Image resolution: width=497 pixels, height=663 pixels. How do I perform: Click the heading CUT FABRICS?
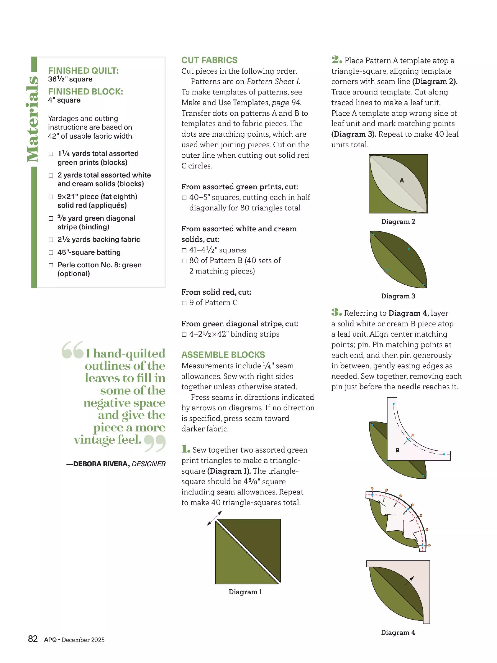pyautogui.click(x=209, y=60)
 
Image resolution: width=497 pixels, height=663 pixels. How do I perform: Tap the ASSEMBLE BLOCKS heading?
pyautogui.click(x=223, y=355)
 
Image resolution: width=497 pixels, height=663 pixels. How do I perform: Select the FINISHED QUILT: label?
pyautogui.click(x=83, y=71)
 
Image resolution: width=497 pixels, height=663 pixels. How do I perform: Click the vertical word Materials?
pyautogui.click(x=32, y=119)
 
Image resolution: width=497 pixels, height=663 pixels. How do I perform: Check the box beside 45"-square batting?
pyautogui.click(x=51, y=253)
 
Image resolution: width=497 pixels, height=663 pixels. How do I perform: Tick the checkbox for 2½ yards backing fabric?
pyautogui.click(x=51, y=240)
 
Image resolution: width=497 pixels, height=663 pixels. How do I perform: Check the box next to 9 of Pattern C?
pyautogui.click(x=184, y=303)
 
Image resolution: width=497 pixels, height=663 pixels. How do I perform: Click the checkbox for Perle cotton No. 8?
pyautogui.click(x=51, y=265)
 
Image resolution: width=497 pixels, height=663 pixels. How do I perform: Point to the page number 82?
pyautogui.click(x=33, y=639)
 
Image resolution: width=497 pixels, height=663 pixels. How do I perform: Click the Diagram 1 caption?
pyautogui.click(x=245, y=592)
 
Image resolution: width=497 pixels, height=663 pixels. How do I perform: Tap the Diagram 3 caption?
pyautogui.click(x=398, y=296)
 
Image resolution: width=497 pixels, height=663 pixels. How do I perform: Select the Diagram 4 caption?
pyautogui.click(x=398, y=632)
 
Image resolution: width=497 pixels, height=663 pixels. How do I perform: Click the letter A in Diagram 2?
pyautogui.click(x=402, y=180)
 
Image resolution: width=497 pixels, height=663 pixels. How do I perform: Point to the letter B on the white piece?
pyautogui.click(x=397, y=450)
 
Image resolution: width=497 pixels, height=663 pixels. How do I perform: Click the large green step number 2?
pyautogui.click(x=336, y=59)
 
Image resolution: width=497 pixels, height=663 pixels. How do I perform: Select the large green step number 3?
pyautogui.click(x=336, y=312)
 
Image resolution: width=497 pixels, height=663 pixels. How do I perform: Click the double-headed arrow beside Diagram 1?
pyautogui.click(x=214, y=518)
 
